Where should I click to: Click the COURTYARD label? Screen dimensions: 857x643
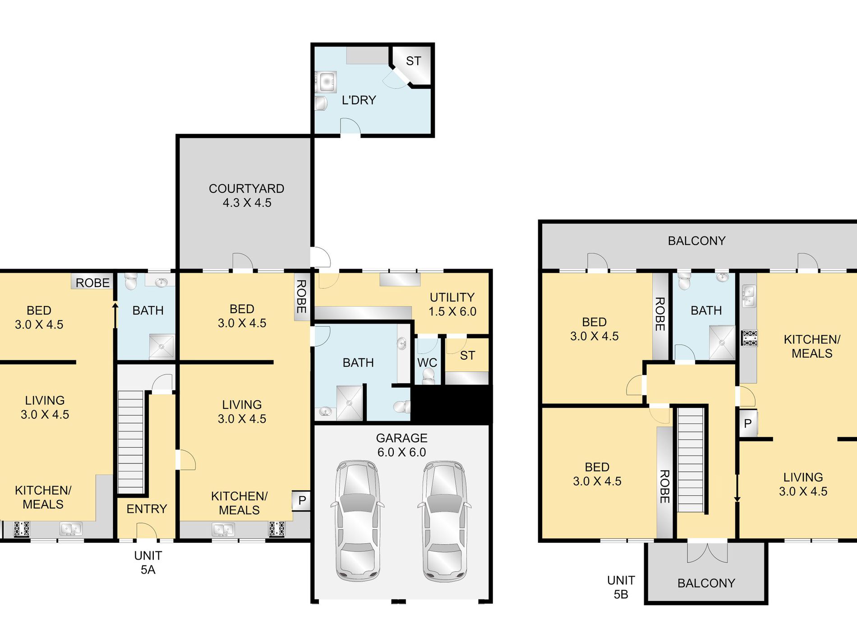pos(246,189)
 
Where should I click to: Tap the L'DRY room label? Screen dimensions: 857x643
pos(359,100)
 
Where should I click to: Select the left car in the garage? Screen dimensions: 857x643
pos(357,521)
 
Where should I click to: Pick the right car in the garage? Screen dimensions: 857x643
pos(444,521)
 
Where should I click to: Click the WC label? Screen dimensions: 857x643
pos(427,363)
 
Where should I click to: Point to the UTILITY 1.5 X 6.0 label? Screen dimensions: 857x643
pos(452,305)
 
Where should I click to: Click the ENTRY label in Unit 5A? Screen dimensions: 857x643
pos(147,509)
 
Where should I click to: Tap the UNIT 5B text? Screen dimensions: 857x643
pos(621,587)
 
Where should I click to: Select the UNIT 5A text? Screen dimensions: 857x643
pos(148,563)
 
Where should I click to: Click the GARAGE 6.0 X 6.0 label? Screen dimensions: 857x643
pos(401,445)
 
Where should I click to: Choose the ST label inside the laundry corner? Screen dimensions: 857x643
pos(413,61)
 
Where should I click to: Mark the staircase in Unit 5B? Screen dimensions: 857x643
pos(691,460)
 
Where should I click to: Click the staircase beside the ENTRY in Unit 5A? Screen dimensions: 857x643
pos(130,442)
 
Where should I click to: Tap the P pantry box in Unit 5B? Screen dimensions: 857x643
pos(748,424)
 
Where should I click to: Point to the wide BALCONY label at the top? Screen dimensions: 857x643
pos(696,241)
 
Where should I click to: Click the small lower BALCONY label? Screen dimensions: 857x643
pos(706,583)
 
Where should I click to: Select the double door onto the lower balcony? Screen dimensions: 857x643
pos(707,551)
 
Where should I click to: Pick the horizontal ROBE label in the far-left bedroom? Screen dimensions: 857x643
pos(92,283)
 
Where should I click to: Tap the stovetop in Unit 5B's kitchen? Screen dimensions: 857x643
pos(749,338)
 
